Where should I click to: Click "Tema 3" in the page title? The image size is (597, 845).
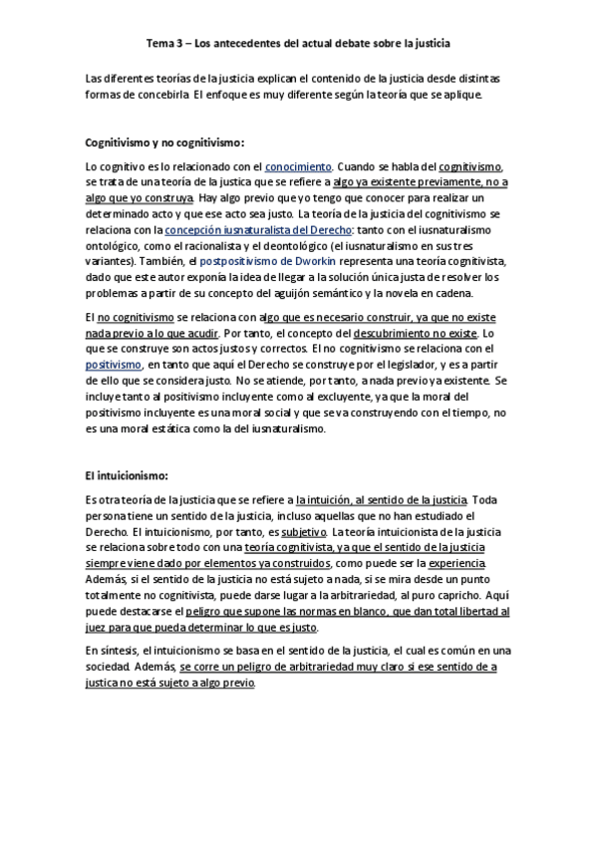(163, 44)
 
